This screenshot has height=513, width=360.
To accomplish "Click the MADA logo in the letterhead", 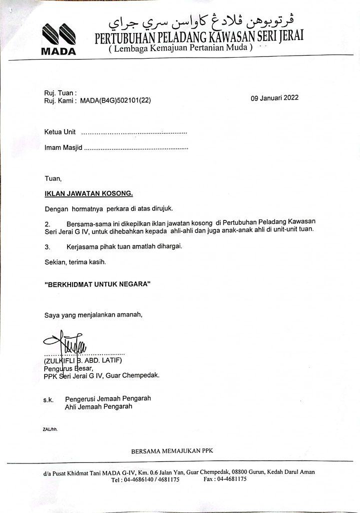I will click(x=58, y=39).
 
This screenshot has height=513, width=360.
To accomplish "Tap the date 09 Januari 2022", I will click(x=274, y=98).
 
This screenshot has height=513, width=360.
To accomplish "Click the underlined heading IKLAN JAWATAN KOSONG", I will click(x=89, y=193).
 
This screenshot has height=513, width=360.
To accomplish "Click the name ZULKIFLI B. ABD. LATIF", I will click(x=83, y=361).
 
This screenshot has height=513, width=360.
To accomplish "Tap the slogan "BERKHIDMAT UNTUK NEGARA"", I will click(x=98, y=284).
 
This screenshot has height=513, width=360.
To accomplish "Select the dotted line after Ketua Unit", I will click(x=134, y=133).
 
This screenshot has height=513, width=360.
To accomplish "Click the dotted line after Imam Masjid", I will click(x=136, y=148).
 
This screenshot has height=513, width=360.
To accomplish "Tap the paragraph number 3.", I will click(x=48, y=246).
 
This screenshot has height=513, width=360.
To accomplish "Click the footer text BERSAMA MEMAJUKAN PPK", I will click(x=172, y=451).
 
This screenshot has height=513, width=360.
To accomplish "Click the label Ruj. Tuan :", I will click(x=60, y=93).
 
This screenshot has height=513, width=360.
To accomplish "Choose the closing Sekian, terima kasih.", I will click(x=75, y=262).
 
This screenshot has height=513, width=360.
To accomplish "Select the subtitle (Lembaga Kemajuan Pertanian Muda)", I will click(x=181, y=49).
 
